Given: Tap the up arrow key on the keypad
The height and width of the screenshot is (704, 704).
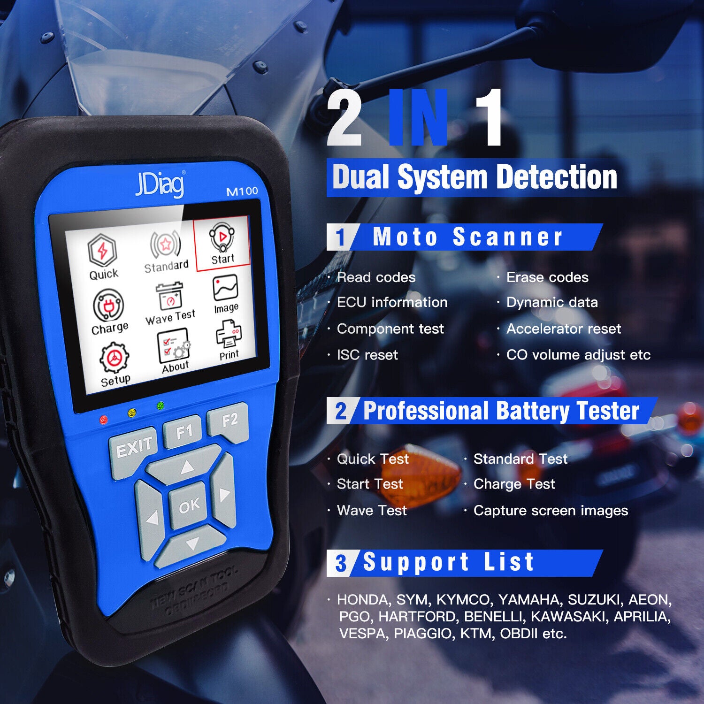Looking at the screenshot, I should point(187,466).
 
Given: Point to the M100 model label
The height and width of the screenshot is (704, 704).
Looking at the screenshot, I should point(242,191).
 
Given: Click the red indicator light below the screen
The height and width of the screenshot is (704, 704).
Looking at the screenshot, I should point(104,419).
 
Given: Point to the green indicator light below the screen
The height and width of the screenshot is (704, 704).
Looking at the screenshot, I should point(161,406).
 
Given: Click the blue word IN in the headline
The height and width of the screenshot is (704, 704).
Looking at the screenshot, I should point(419,118).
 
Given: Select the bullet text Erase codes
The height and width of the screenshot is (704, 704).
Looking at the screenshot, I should point(547,277).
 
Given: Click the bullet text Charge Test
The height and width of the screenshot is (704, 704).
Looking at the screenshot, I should point(514,484).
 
